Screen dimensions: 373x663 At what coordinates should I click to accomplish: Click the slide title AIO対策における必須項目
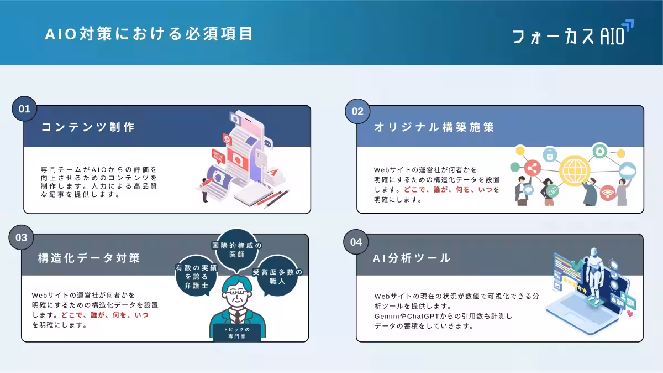pyautogui.click(x=149, y=34)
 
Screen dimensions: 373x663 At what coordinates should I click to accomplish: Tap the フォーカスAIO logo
pyautogui.click(x=572, y=34)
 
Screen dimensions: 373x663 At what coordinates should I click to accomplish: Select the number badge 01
pyautogui.click(x=25, y=109)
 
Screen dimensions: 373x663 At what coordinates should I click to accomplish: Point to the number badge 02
pyautogui.click(x=358, y=111)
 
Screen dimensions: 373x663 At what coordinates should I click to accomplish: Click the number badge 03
pyautogui.click(x=22, y=238)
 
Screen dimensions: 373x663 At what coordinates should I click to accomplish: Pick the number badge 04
pyautogui.click(x=356, y=242)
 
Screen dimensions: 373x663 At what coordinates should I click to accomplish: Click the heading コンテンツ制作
pyautogui.click(x=88, y=127)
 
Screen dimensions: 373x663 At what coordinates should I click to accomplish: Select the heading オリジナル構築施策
pyautogui.click(x=434, y=127)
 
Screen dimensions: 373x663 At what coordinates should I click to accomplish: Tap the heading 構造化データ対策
pyautogui.click(x=89, y=258)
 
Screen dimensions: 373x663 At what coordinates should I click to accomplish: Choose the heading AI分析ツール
pyautogui.click(x=412, y=258)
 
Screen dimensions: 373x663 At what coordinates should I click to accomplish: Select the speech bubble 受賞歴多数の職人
pyautogui.click(x=277, y=277)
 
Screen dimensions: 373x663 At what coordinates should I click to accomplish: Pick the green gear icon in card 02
pyautogui.click(x=600, y=151)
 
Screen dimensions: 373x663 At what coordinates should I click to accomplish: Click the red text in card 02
pyautogui.click(x=448, y=189)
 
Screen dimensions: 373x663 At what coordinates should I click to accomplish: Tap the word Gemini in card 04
pyautogui.click(x=387, y=316)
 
